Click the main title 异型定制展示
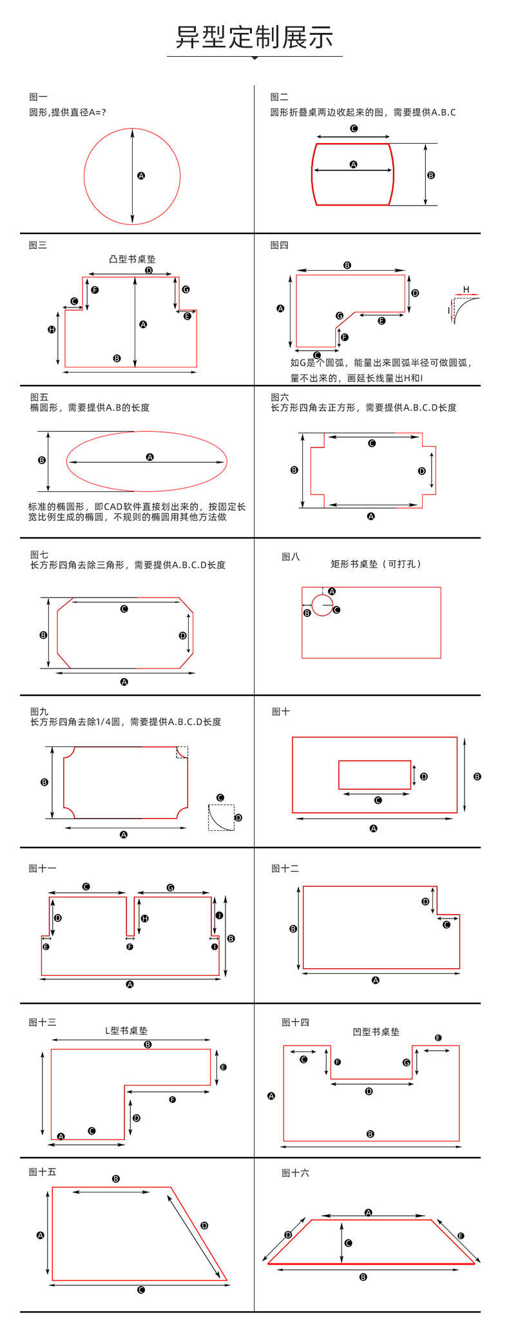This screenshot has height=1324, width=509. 254,37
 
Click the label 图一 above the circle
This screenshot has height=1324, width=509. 38,97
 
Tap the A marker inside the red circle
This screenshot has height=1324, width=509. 141,175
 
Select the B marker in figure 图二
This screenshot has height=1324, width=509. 431,175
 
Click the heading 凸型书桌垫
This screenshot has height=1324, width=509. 132,259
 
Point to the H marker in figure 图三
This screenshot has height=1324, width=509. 52,329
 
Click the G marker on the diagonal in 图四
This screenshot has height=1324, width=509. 340,316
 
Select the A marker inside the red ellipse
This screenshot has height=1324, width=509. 149,457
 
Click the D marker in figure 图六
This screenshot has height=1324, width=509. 422,471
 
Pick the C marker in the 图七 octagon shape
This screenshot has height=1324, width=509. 124,608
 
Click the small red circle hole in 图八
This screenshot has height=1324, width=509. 322,605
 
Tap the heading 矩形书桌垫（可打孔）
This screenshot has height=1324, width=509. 376,564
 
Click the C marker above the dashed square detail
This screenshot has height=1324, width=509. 220,797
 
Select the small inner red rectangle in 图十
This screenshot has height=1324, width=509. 374,775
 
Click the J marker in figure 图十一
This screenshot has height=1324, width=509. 219,915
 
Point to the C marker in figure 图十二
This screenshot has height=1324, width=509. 447,924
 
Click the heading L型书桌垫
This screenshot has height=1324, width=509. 126,1031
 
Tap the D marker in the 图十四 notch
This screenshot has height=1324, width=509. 369,1091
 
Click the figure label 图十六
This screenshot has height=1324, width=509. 295,1173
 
